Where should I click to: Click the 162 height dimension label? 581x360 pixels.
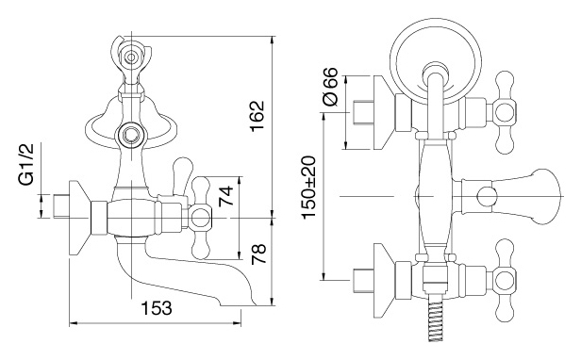[257, 116]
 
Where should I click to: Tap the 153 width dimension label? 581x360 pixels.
[157, 308]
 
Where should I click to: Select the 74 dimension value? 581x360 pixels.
[225, 196]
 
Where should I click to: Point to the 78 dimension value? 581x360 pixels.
[258, 254]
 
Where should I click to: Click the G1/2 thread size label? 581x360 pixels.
[26, 164]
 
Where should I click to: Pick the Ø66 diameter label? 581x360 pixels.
[330, 87]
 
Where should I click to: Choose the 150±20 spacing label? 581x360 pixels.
[308, 188]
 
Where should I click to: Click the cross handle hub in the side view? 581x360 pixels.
[200, 218]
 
